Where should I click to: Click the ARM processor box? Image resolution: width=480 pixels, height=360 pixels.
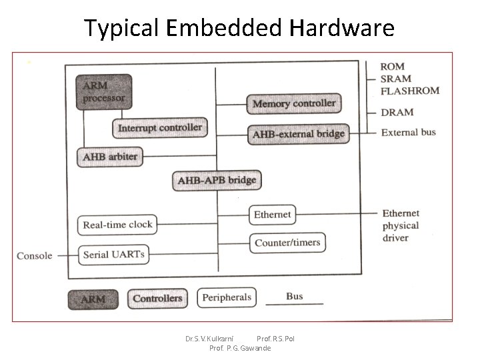coord(104,92)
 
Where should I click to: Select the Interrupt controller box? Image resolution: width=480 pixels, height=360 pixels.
coord(159,127)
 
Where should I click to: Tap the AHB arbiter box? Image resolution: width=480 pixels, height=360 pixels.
coord(110,157)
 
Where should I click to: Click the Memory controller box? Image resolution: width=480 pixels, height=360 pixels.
coord(294,103)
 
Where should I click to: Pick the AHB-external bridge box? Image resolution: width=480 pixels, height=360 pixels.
coord(298,134)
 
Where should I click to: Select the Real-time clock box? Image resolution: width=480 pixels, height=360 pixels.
coord(117,225)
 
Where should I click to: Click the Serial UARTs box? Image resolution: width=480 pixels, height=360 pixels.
coord(113,254)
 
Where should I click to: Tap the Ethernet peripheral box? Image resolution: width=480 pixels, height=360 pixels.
coord(272,214)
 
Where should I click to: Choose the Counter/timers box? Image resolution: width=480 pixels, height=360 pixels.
coord(287,242)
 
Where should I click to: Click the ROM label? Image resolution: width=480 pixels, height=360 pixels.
coord(392,67)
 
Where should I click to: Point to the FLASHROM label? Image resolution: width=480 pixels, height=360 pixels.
coord(409,91)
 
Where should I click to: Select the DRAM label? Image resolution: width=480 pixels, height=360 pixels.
coord(397,112)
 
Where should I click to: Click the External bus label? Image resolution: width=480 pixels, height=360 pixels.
coord(408,132)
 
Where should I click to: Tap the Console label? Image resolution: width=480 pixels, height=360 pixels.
coord(34,255)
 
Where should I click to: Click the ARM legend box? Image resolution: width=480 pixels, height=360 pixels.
coord(93,299)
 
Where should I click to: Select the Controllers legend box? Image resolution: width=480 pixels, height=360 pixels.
coord(157,298)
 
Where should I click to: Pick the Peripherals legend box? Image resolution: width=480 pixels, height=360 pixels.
coord(226,297)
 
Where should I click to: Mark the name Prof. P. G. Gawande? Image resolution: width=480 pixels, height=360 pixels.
coord(240,348)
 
